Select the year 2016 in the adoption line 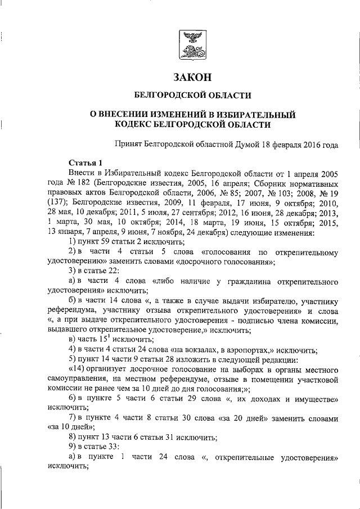pyautogui.click(x=308, y=144)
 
